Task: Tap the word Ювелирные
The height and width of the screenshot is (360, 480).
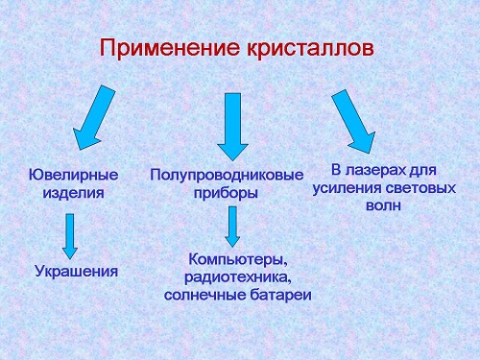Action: click(x=74, y=175)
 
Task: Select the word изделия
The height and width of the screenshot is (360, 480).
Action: click(x=73, y=192)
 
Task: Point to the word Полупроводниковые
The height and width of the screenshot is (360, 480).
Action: click(x=227, y=175)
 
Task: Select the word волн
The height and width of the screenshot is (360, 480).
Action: click(x=384, y=204)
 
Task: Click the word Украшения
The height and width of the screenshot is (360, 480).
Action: click(x=76, y=271)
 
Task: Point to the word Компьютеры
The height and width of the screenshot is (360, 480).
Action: click(x=238, y=259)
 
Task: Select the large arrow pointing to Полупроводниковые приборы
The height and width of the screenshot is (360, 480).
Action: click(x=232, y=125)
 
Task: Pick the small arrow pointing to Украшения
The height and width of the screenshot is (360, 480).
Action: click(x=70, y=235)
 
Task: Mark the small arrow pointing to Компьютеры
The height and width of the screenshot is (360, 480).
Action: click(x=231, y=226)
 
